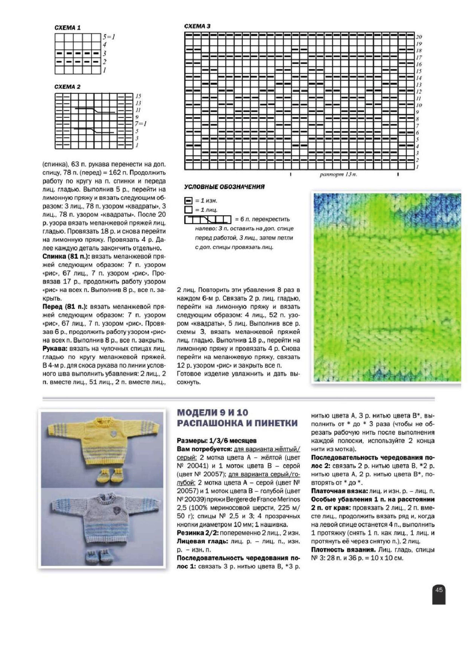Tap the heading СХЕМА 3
point(197,26)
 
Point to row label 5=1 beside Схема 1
point(109,37)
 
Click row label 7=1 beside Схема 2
point(141,124)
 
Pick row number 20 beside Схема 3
point(419,37)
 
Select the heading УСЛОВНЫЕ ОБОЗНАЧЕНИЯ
point(224,187)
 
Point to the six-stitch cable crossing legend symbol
point(208,220)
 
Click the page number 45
point(439,590)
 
